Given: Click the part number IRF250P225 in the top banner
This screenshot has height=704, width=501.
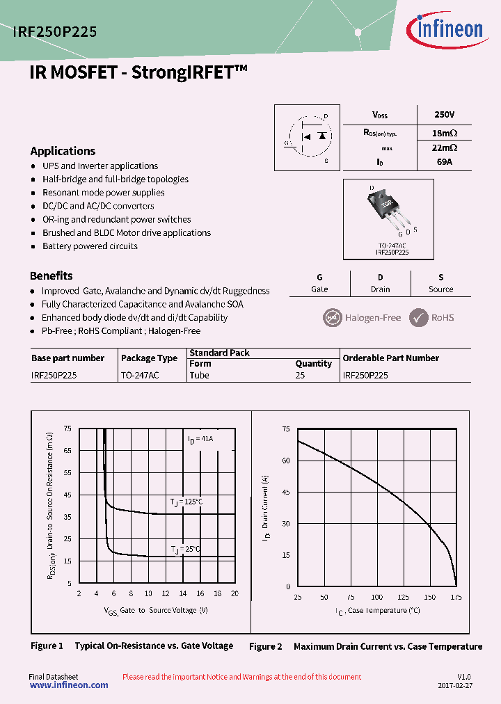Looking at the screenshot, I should point(55,31).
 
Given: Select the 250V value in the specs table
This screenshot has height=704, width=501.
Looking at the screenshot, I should point(443,115).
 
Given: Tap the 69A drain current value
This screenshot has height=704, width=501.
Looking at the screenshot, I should point(443,161).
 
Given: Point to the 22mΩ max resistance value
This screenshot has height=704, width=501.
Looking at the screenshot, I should point(444,147).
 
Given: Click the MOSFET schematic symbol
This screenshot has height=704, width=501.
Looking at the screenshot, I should point(307,137).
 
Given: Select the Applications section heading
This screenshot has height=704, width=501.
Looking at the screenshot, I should point(63,151).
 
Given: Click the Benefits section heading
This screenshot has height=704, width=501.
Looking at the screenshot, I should point(51,275).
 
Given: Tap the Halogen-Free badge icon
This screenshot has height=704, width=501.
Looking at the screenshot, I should point(333,318).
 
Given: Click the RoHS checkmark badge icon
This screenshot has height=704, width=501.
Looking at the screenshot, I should point(419,318).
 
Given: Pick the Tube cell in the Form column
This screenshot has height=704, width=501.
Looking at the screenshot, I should point(199,375).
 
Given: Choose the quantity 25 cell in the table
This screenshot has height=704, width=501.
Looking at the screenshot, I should point(300,375).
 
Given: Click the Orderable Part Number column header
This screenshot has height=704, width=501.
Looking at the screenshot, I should point(391,358).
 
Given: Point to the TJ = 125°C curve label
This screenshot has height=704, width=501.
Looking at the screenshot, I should point(186,502).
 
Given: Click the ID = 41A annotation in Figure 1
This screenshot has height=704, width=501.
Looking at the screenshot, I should point(200,439).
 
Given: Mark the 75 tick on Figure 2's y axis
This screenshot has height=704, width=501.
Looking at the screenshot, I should point(286,429).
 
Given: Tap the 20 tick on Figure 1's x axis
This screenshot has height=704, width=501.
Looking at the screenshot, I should point(234,593).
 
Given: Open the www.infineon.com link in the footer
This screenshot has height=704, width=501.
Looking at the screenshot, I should point(69,685).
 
